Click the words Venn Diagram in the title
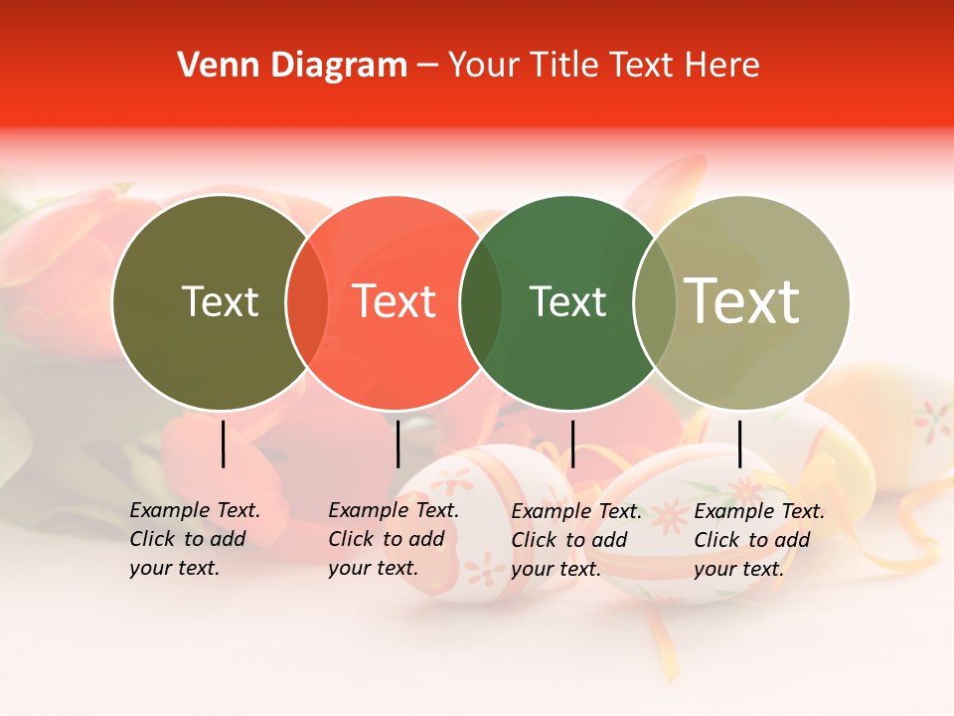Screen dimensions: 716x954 point(292,66)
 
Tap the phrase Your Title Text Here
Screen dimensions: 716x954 point(603,66)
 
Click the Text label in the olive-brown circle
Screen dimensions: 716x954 point(220,302)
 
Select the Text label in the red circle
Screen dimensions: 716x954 point(395,302)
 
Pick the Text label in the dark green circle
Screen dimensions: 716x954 point(567,302)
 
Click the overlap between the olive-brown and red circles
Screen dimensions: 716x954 point(307,302)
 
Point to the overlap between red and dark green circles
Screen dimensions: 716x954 point(481,302)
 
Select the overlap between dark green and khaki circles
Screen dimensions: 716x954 point(654,302)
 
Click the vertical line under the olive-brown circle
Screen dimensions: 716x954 point(223,444)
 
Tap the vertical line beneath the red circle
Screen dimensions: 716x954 point(397,444)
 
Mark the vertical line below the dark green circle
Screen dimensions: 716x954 point(572,444)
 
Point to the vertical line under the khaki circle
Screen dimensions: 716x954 point(739,444)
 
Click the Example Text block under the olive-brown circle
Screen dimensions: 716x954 point(194,540)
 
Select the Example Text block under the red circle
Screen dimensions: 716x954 point(393,540)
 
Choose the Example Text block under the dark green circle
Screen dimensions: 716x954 point(575,540)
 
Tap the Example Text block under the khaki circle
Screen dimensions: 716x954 point(758,540)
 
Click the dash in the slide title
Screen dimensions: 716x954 point(427,66)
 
